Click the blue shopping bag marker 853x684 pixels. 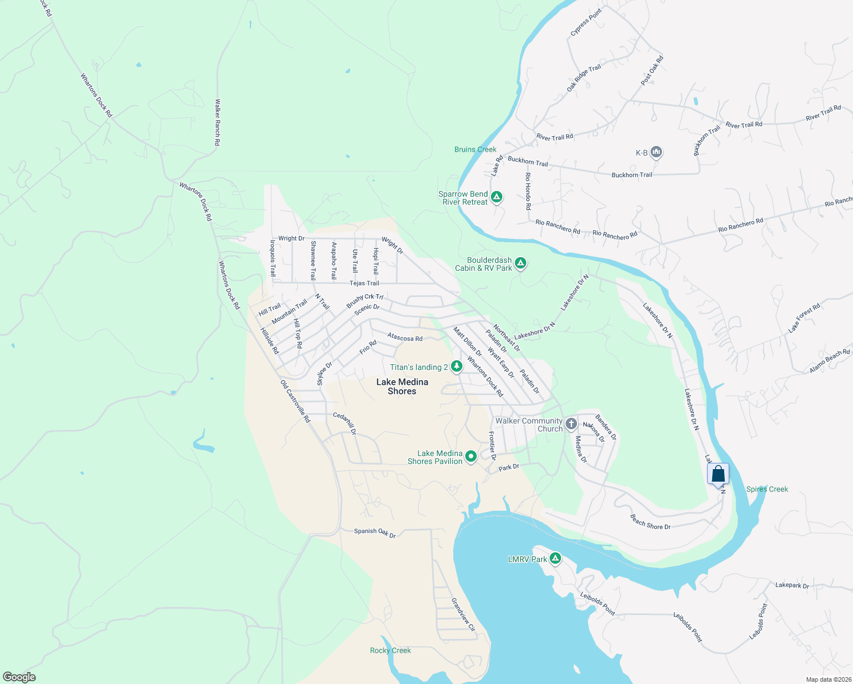[x=718, y=474]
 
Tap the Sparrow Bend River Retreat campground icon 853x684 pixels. [x=497, y=197]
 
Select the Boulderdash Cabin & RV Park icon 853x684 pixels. [x=520, y=263]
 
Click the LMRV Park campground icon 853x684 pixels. [x=555, y=559]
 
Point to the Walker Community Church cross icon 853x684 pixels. [x=571, y=424]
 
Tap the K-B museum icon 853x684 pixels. [x=656, y=152]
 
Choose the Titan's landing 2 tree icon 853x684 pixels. [x=456, y=367]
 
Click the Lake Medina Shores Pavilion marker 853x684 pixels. [x=471, y=457]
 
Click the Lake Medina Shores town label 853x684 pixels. [x=402, y=386]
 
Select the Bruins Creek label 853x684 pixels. [x=475, y=149]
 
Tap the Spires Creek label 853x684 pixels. [x=767, y=489]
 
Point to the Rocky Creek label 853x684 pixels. [x=390, y=650]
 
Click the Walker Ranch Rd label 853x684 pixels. [x=217, y=123]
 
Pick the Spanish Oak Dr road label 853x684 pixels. [x=375, y=532]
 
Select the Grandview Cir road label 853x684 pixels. [x=463, y=614]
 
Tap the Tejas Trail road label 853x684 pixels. [x=364, y=283]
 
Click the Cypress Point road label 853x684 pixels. [x=586, y=23]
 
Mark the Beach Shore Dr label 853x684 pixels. [x=650, y=522]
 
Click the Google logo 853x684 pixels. [x=19, y=677]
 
